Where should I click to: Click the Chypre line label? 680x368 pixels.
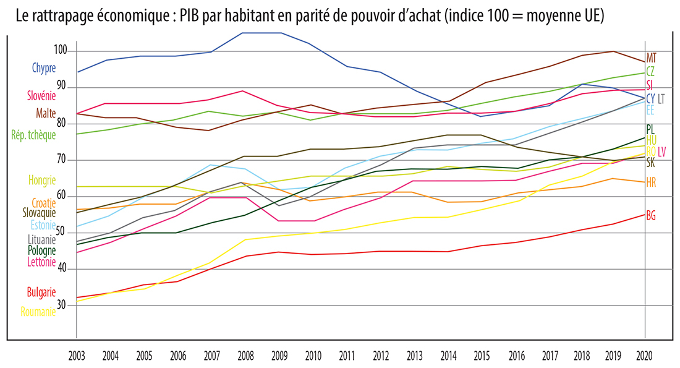tap(44, 69)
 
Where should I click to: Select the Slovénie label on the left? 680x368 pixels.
tap(41, 96)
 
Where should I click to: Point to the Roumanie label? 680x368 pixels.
tap(38, 312)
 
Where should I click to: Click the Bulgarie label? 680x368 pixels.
tap(41, 292)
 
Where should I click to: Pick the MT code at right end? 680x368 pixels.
tap(652, 58)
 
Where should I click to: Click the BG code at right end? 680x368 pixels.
tap(651, 216)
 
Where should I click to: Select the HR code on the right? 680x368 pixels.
tap(651, 182)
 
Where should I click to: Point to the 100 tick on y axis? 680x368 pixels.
tap(61, 51)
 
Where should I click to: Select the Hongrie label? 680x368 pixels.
tap(42, 181)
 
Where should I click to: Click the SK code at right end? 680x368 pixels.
tap(651, 163)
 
